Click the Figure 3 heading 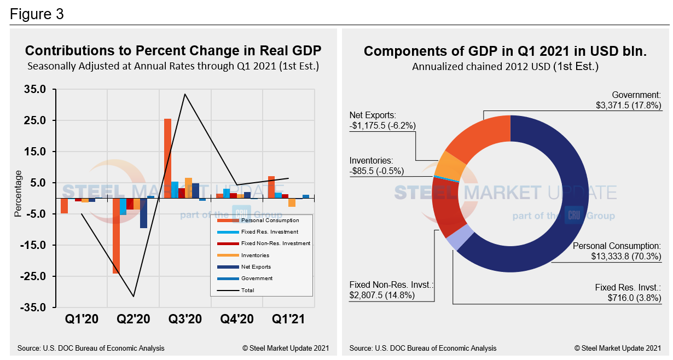[x=37, y=14]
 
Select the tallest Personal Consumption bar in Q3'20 [x=167, y=159]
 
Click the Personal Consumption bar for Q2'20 [x=116, y=235]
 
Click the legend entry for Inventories [x=255, y=256]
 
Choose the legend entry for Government [x=257, y=278]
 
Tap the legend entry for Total [x=248, y=290]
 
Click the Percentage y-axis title [x=19, y=194]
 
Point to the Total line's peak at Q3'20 [x=185, y=94]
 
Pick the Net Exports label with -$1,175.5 [x=383, y=120]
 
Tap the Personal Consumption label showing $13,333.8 [x=617, y=251]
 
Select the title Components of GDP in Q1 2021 [x=505, y=51]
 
